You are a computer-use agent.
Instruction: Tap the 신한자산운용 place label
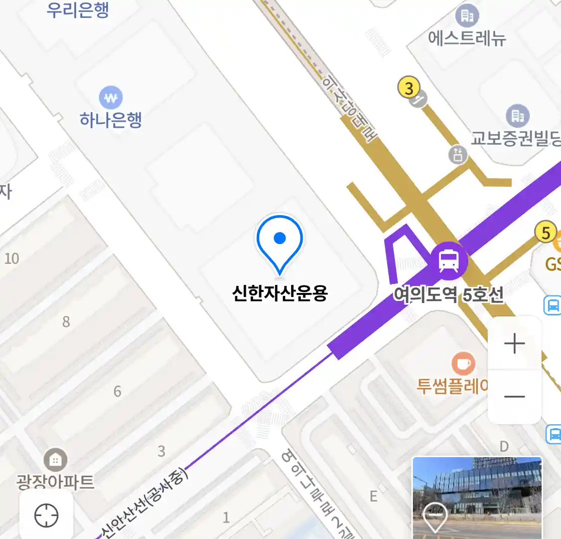[x=280, y=293]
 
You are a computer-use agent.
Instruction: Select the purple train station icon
[x=449, y=260]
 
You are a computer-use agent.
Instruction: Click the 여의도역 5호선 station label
[x=448, y=294]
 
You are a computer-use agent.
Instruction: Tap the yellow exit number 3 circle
[x=408, y=88]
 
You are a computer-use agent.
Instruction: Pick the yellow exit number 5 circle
[x=546, y=233]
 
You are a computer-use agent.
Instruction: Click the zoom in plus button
[x=514, y=344]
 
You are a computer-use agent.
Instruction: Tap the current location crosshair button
[x=46, y=515]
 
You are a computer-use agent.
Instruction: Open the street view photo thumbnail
[x=477, y=497]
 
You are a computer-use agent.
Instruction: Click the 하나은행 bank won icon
[x=111, y=98]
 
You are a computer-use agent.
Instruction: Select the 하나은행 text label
[x=111, y=120]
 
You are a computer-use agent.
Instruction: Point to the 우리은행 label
[x=78, y=10]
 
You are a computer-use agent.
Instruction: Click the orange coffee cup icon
[x=463, y=363]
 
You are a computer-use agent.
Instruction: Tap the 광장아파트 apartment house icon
[x=55, y=460]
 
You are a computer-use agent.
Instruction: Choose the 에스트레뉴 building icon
[x=467, y=16]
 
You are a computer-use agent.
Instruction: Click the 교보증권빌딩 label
[x=516, y=138]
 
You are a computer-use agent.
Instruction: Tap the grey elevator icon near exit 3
[x=458, y=154]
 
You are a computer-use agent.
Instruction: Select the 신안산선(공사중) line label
[x=144, y=502]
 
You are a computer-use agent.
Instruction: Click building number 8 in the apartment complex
[x=66, y=322]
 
